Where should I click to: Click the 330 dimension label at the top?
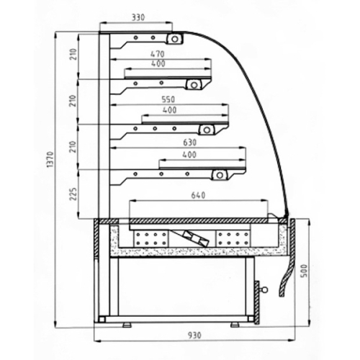click(138, 17)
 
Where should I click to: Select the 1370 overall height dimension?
click(50, 160)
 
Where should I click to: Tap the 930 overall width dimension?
click(194, 335)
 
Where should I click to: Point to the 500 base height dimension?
click(304, 271)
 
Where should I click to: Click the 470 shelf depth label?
click(158, 54)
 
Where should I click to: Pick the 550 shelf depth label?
click(168, 99)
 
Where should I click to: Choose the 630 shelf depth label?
click(189, 143)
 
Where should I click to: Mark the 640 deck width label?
click(198, 195)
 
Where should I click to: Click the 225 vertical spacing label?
click(74, 194)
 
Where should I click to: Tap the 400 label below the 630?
click(189, 155)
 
